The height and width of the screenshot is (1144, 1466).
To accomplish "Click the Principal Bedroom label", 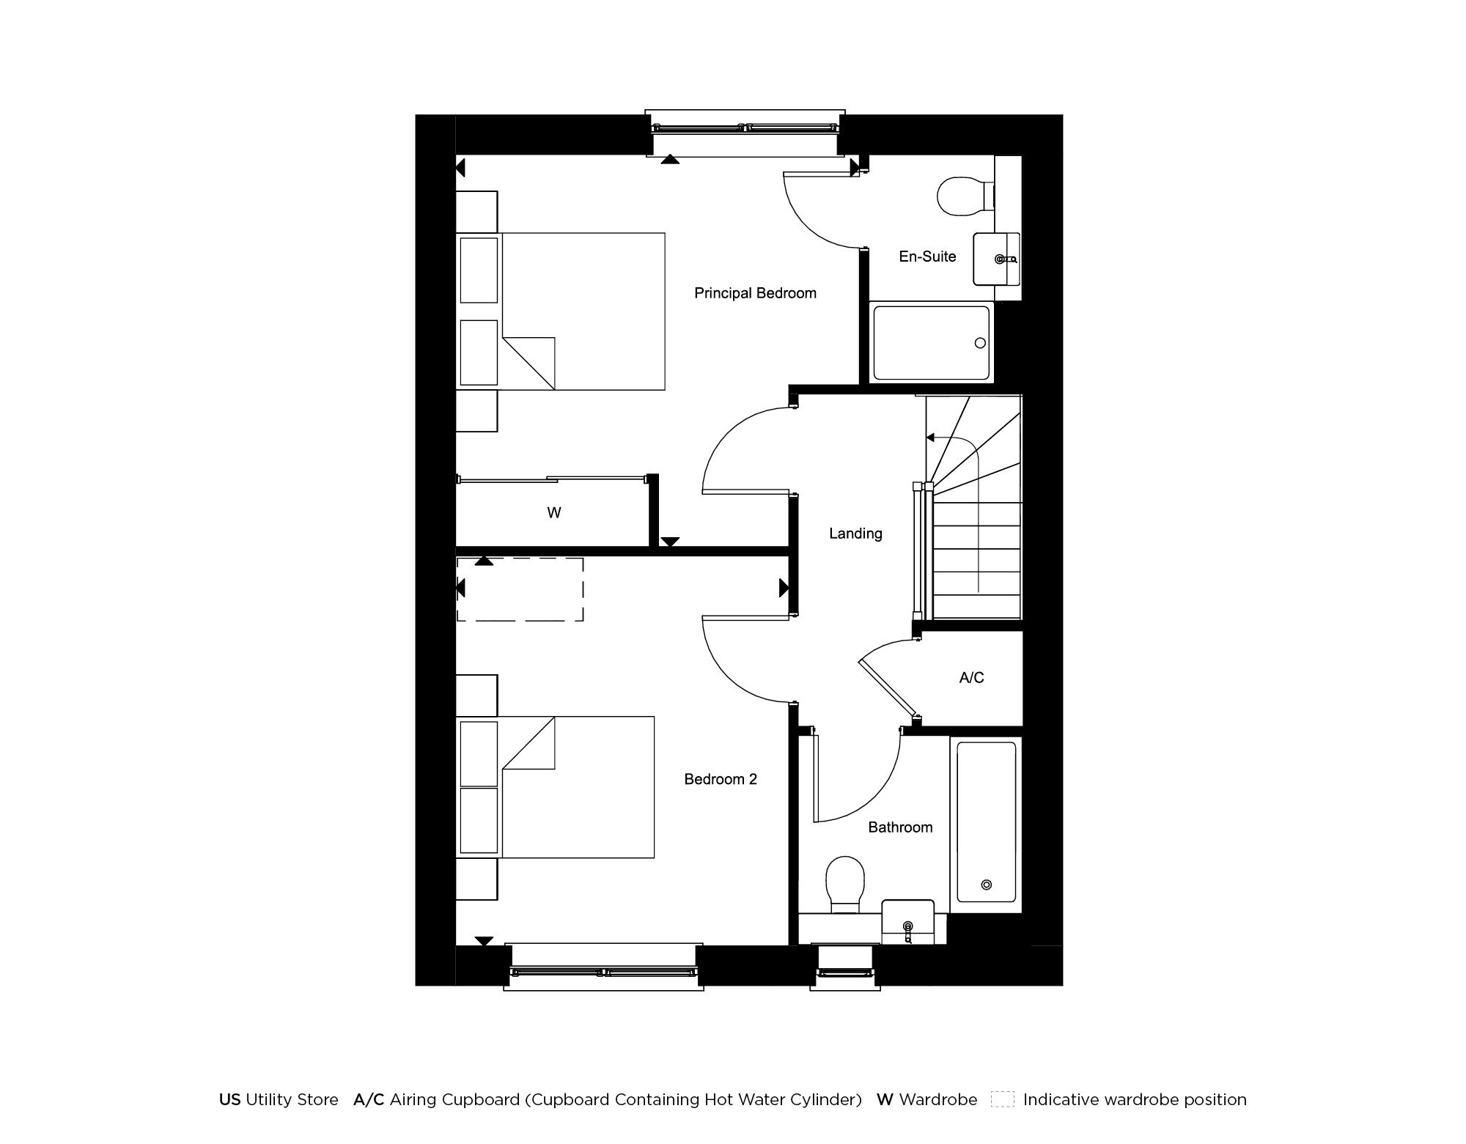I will click(755, 293).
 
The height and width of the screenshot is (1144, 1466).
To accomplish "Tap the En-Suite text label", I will click(927, 257).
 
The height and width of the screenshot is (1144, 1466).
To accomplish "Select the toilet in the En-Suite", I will click(964, 196).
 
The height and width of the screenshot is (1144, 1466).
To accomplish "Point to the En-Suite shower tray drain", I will click(980, 343).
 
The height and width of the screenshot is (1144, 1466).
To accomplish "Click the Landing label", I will click(855, 534).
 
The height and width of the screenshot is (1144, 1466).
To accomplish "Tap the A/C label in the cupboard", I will click(971, 678).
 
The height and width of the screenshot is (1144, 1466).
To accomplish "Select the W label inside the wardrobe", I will click(554, 513).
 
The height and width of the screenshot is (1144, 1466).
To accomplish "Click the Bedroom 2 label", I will click(720, 779).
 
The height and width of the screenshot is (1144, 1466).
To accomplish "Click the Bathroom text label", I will click(900, 827).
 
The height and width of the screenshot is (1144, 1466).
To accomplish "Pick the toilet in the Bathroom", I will click(844, 883).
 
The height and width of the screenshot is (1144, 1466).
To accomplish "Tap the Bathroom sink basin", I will click(907, 923).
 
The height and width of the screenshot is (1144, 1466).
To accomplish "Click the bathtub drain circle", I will click(986, 885).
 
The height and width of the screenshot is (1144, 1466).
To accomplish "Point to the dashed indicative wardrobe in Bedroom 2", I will click(520, 589).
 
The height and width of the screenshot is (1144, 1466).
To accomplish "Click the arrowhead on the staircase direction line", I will click(930, 438).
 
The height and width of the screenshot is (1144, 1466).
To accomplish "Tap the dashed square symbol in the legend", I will click(1002, 1099).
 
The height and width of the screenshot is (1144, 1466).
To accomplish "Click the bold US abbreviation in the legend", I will click(229, 1100).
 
